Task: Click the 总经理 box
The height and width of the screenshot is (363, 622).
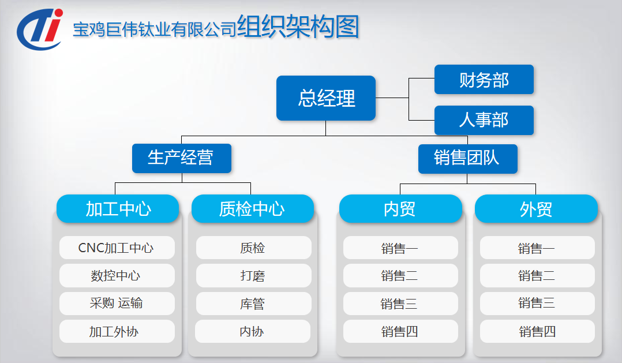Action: [326, 98]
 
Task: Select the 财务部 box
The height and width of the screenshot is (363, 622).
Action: [484, 80]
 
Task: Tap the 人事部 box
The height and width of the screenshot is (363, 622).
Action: [484, 120]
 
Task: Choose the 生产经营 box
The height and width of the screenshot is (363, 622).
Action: [181, 158]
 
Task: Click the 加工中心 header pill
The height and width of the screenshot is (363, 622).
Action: [118, 209]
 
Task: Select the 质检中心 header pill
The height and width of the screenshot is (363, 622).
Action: [252, 209]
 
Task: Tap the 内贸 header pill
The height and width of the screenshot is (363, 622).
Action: [400, 209]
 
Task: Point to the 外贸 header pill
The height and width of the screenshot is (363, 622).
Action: [536, 209]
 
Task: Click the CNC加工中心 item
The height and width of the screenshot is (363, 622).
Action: [117, 248]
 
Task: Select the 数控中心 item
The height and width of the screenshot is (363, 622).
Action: [117, 276]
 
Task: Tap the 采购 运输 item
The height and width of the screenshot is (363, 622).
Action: [117, 304]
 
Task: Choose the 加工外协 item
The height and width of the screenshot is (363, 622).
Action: [117, 332]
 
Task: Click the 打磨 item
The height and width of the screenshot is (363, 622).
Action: [253, 276]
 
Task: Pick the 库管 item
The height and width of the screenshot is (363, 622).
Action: [253, 304]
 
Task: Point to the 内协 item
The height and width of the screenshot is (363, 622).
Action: [253, 332]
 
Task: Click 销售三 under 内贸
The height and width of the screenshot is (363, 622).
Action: [400, 304]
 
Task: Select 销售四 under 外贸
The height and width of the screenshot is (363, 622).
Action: [537, 332]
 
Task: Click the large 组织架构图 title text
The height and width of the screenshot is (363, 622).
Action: [298, 27]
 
